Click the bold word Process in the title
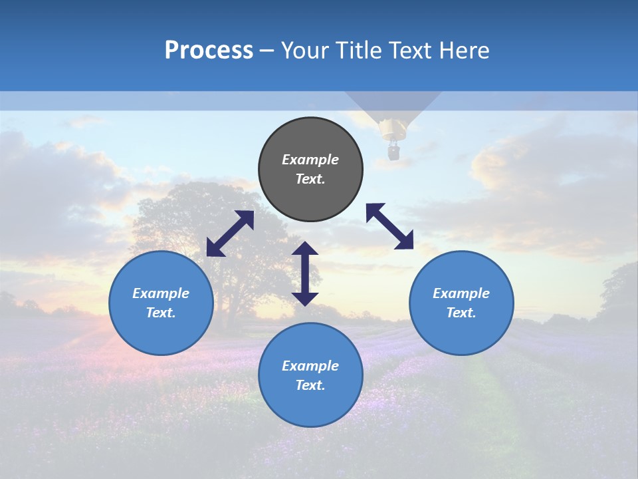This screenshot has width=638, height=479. (x=209, y=51)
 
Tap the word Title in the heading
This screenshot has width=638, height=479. (x=357, y=51)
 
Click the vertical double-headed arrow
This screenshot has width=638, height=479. (x=305, y=273)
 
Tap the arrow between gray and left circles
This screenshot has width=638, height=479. (x=230, y=234)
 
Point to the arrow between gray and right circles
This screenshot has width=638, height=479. (x=389, y=226)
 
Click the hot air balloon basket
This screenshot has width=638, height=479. (x=394, y=152)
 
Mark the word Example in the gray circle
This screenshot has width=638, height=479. (x=310, y=160)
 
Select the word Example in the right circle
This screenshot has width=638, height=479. (x=461, y=293)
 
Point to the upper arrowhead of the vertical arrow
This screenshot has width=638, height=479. (x=305, y=249)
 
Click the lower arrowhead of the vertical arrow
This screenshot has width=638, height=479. (x=305, y=299)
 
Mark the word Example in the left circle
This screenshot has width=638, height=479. (x=161, y=293)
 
